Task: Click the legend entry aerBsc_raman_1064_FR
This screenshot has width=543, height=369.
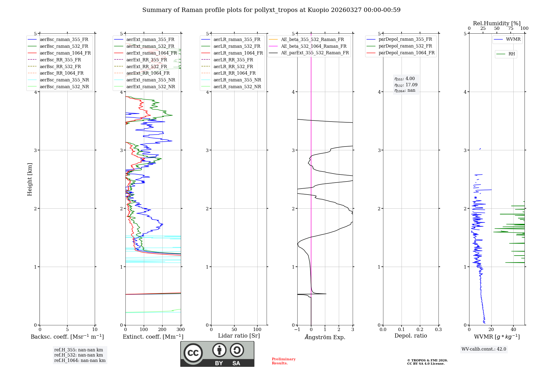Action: click(x=65, y=53)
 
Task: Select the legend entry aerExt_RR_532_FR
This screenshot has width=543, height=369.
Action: click(x=147, y=66)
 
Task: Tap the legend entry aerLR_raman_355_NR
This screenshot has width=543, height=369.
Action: click(x=237, y=80)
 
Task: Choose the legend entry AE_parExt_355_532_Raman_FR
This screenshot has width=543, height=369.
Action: click(x=315, y=53)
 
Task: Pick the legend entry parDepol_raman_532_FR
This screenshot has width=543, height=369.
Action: click(x=405, y=46)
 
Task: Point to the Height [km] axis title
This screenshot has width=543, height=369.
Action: click(x=30, y=179)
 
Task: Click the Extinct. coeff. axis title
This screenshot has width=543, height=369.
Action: click(x=153, y=337)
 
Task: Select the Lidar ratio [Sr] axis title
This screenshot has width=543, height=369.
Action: click(x=239, y=336)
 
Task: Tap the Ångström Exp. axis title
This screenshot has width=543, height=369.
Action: click(x=325, y=337)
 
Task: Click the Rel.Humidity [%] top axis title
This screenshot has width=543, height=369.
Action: click(x=497, y=23)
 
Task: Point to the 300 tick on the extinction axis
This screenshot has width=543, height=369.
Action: click(x=181, y=330)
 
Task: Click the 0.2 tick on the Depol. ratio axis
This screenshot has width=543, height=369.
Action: click(x=420, y=330)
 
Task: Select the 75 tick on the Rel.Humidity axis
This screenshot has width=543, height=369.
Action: click(x=510, y=28)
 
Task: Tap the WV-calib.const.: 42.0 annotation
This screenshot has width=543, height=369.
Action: click(x=484, y=349)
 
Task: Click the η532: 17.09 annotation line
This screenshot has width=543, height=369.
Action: click(x=406, y=85)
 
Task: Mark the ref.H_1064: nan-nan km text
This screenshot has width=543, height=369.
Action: click(x=80, y=360)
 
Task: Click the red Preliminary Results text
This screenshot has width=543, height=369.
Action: click(x=283, y=361)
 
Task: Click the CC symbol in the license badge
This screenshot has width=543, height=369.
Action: click(x=193, y=353)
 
